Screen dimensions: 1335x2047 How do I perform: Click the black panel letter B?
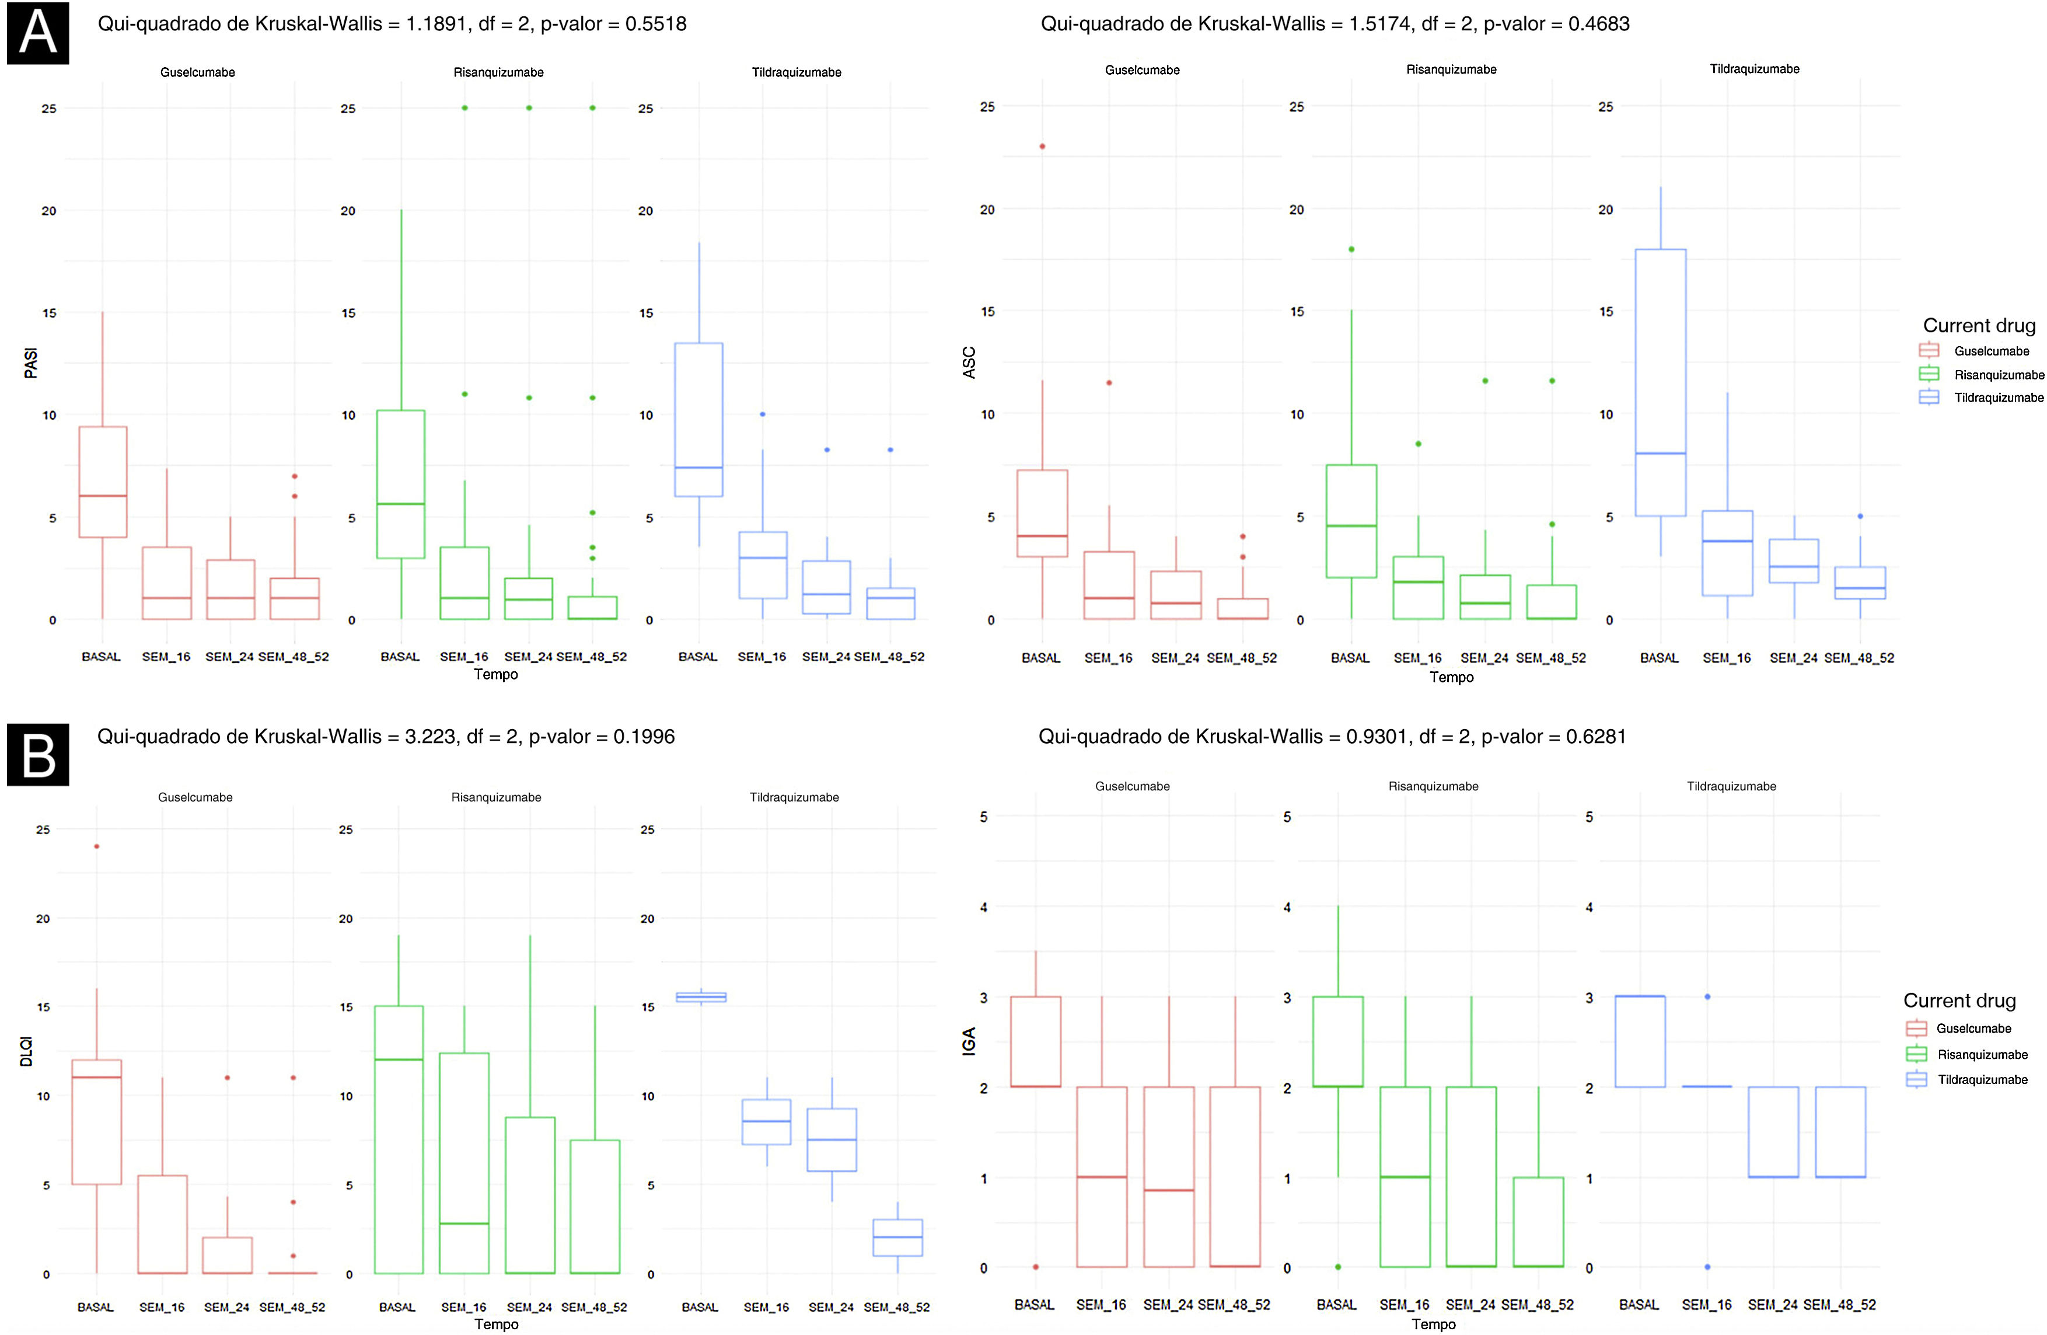coord(38,754)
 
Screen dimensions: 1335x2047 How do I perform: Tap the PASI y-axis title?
coord(30,363)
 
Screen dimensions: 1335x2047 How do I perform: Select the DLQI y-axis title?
coord(26,1051)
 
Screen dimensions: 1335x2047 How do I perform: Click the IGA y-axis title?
coord(969,1041)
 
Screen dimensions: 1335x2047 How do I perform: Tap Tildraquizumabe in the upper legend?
coord(1998,398)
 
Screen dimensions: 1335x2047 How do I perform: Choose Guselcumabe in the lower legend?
coord(1973,1029)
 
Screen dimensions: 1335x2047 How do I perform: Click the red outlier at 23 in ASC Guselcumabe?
coord(1042,147)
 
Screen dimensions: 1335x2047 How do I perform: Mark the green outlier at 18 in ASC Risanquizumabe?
coord(1351,249)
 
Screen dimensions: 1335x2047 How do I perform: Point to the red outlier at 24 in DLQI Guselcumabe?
coord(96,846)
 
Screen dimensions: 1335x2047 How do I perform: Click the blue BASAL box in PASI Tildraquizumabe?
coord(698,420)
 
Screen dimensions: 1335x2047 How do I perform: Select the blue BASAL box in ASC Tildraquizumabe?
coord(1660,383)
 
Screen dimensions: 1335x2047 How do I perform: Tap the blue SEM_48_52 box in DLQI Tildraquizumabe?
coord(897,1237)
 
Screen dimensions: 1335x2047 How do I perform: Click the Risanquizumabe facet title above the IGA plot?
coord(1433,786)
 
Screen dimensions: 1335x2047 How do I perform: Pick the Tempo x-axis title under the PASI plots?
coord(496,674)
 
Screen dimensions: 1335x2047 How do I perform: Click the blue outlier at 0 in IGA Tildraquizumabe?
coord(1707,1267)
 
